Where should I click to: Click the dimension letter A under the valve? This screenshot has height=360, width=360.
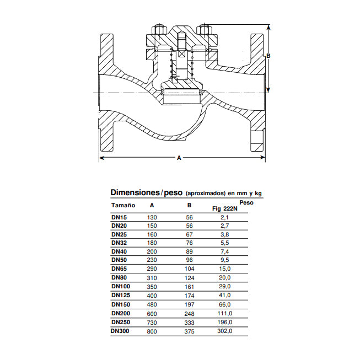coord(179,158)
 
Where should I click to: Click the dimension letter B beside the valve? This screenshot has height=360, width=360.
coord(268,56)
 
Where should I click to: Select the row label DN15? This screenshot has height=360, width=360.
coord(119,217)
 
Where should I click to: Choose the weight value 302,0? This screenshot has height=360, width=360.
coord(227,331)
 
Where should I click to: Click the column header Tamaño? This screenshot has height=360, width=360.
coord(123,205)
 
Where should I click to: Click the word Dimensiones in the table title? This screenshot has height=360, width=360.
coord(135,192)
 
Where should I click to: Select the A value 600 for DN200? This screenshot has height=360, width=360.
coord(152,313)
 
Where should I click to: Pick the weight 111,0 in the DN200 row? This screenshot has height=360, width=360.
coord(227,313)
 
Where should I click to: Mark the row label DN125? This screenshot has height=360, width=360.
coord(121,295)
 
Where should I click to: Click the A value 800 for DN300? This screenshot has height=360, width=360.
coord(152,331)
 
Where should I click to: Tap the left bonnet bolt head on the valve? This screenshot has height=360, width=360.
coord(159,29)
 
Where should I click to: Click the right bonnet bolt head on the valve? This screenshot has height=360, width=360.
coord(205,29)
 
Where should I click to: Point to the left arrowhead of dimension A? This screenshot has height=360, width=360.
coord(101,158)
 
